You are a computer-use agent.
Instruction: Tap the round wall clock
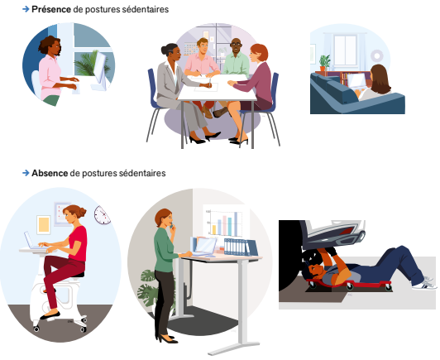pos(102,215)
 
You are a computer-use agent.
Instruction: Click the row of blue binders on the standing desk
pos(239,247)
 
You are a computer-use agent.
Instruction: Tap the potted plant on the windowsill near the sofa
pos(325,62)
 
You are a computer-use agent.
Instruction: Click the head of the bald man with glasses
pos(236,46)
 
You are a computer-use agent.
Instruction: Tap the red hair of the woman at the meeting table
pos(260,52)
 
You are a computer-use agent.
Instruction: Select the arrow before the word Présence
pos(26,9)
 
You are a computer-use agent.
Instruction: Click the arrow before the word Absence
pos(26,174)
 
